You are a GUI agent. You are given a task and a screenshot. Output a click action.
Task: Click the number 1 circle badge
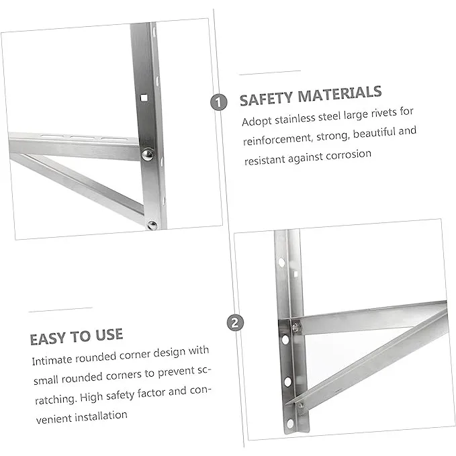(219, 102)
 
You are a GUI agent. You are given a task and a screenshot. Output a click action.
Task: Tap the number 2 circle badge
(235, 323)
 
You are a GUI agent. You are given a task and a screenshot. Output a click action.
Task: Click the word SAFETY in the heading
(266, 99)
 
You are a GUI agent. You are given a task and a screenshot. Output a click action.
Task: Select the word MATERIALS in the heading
(340, 93)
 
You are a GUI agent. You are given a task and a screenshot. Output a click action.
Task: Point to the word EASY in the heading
(48, 339)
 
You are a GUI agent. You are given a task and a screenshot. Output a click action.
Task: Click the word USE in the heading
(109, 334)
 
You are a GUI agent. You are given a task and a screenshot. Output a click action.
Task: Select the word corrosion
(349, 155)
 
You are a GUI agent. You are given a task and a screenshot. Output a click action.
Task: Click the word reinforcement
(278, 140)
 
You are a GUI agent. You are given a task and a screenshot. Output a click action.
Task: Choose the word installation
(101, 416)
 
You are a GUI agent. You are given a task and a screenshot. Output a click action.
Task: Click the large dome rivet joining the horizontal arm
(148, 154)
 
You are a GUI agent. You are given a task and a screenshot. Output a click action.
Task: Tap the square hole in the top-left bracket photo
(144, 98)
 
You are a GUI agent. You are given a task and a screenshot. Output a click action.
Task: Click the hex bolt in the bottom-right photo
(295, 328)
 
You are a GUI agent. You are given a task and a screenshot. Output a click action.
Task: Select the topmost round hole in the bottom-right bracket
(281, 262)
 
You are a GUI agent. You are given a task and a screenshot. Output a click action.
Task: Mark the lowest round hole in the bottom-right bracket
(290, 423)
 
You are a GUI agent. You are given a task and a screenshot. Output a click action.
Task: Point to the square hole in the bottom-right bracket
(295, 274)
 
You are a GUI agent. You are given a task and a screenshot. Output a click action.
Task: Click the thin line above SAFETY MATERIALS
(270, 73)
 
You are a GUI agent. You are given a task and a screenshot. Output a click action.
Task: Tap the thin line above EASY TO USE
(60, 310)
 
